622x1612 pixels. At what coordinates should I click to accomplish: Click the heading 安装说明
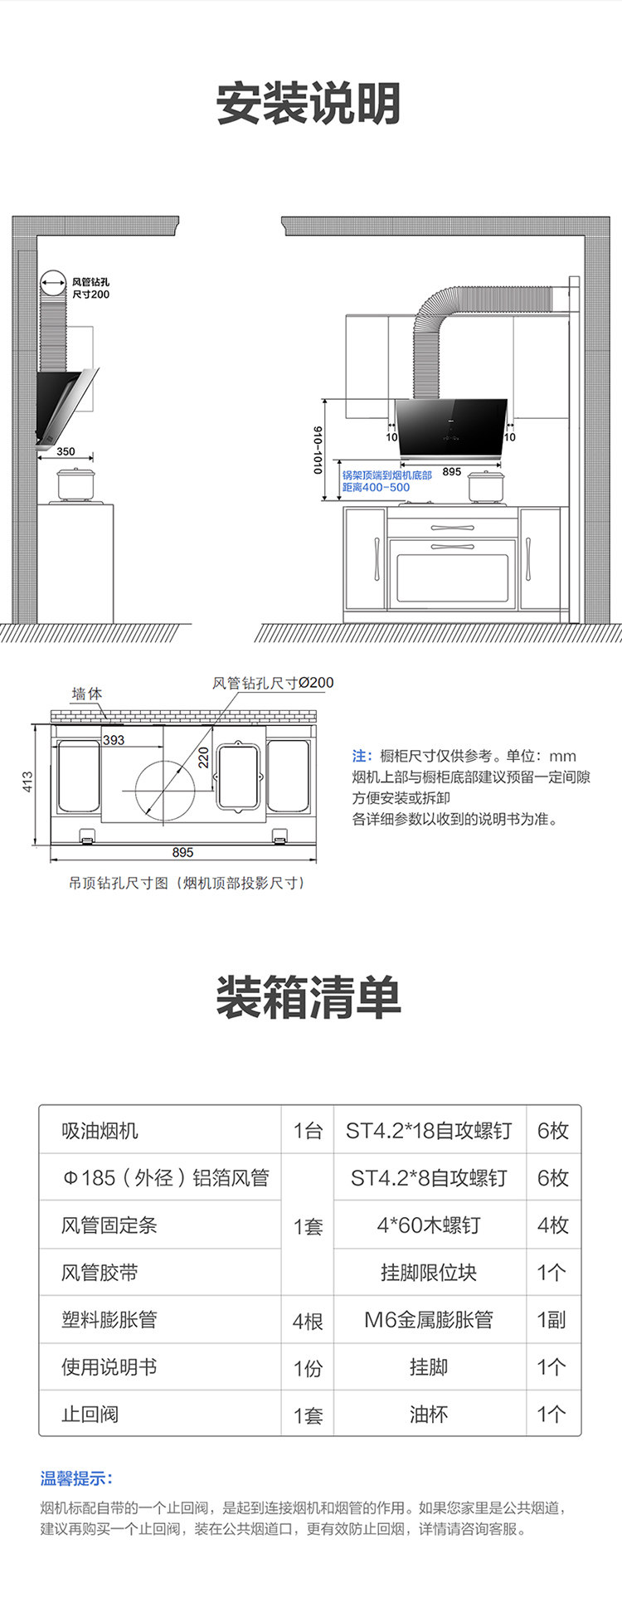coord(309,104)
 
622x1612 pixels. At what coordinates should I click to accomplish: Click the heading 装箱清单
coord(309,996)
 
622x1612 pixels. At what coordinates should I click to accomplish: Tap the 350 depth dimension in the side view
coord(66,451)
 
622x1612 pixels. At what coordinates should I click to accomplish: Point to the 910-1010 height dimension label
coord(318,450)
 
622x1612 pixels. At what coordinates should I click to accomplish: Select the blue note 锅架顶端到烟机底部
coord(386,475)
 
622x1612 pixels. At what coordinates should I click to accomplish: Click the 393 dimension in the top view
coord(114,740)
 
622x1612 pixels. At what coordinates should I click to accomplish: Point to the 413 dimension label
coord(28,782)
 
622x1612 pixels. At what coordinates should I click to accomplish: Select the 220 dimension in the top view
coord(203,757)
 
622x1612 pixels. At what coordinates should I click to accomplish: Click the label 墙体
coord(87,694)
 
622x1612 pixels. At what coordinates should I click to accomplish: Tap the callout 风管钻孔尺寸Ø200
coord(273,683)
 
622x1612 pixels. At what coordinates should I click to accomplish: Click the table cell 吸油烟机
coord(100,1131)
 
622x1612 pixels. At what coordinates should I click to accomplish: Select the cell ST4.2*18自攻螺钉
coord(429,1131)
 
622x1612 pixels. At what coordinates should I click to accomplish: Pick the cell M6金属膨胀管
coord(429,1319)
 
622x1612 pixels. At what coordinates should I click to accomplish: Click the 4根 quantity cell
coord(308,1320)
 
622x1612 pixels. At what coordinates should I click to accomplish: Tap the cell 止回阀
coord(90,1414)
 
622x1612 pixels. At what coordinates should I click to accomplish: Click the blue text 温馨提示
coord(76,1478)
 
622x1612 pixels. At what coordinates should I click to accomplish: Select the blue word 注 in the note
coord(360,756)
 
